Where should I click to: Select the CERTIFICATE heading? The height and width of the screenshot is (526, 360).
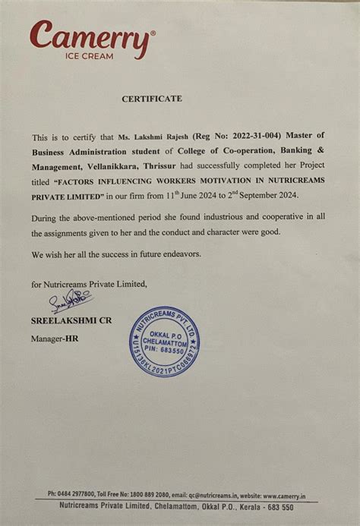coord(152,99)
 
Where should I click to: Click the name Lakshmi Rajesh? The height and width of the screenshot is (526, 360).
coord(161,137)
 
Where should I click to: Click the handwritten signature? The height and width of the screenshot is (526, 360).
coord(71,303)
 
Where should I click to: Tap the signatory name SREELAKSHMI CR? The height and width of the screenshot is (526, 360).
coord(71,320)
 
